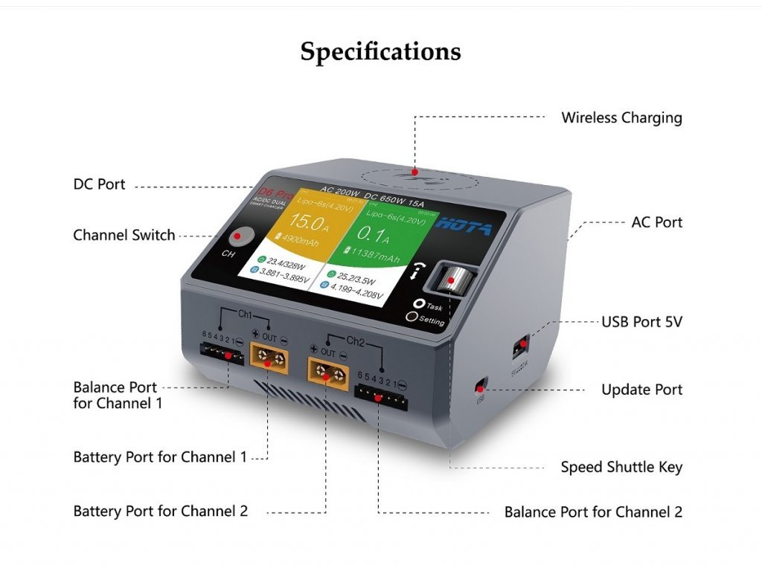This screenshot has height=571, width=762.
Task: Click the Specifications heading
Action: click(380, 52)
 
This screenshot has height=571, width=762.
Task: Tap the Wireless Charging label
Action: click(621, 117)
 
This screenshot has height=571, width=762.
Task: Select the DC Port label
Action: click(100, 184)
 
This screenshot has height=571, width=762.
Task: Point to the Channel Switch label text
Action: click(124, 235)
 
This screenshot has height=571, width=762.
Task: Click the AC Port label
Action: click(656, 222)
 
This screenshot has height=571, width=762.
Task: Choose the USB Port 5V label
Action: click(641, 322)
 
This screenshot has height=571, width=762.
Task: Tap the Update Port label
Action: click(641, 390)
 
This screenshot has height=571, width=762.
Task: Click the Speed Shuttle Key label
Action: click(621, 467)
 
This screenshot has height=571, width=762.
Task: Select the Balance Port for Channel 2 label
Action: click(593, 512)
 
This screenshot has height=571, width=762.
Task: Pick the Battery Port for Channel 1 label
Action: click(160, 457)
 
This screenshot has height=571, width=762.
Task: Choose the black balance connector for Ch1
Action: click(223, 355)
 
